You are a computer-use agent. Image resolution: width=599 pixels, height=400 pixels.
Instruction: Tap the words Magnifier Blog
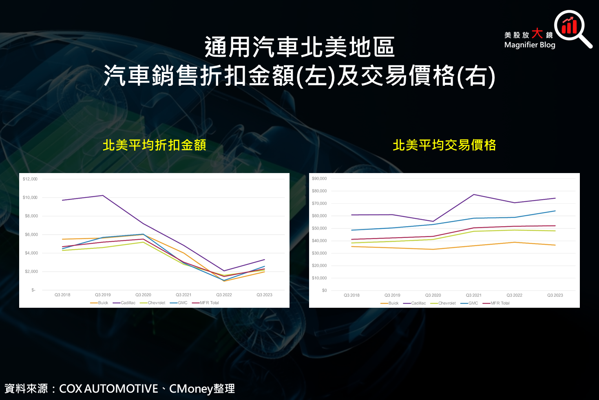(529, 45)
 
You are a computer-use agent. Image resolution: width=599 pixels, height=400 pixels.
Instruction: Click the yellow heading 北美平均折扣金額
(154, 145)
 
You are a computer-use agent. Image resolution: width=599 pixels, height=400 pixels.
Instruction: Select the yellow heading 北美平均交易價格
(444, 145)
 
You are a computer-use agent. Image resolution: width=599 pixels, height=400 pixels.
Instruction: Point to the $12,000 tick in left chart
(30, 179)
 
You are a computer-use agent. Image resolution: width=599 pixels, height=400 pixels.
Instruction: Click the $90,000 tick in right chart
(319, 178)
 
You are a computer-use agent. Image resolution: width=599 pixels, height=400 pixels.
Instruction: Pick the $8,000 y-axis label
(31, 216)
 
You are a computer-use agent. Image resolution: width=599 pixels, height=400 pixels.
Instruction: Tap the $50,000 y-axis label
(319, 228)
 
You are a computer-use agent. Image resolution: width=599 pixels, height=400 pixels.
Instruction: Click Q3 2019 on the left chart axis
(103, 295)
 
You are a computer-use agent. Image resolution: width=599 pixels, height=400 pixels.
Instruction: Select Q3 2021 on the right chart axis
(473, 295)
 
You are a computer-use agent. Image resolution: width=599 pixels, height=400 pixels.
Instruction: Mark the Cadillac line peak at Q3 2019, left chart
(103, 196)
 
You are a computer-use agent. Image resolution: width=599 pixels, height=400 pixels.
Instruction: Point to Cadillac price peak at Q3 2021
(474, 194)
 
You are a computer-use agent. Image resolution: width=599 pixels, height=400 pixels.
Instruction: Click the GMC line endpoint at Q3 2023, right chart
(555, 211)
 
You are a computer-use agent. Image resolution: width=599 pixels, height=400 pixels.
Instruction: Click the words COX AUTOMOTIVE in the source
(108, 389)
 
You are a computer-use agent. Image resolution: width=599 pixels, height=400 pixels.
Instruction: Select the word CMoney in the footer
(191, 389)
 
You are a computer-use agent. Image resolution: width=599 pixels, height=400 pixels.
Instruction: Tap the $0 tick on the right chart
(324, 291)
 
